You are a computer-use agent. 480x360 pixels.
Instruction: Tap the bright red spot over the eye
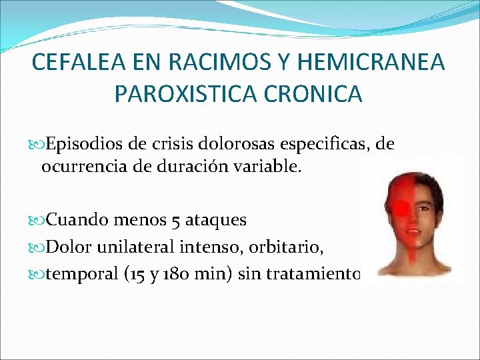402,209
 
